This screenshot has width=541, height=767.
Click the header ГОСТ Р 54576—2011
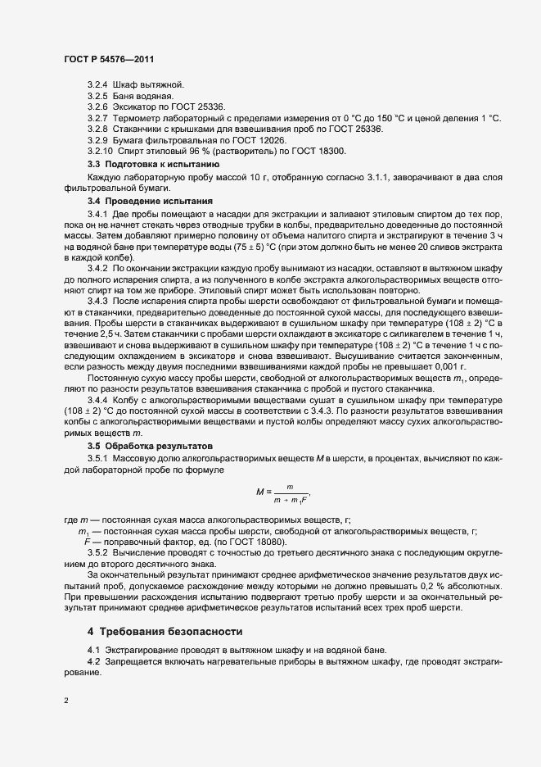pos(107,59)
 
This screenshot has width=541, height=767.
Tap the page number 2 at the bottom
pos(65,701)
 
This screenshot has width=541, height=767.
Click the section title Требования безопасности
pos(184,631)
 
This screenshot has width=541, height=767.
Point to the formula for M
pos(283,492)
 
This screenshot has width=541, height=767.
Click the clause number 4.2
pos(94,660)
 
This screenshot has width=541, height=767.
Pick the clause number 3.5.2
pos(97,554)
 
